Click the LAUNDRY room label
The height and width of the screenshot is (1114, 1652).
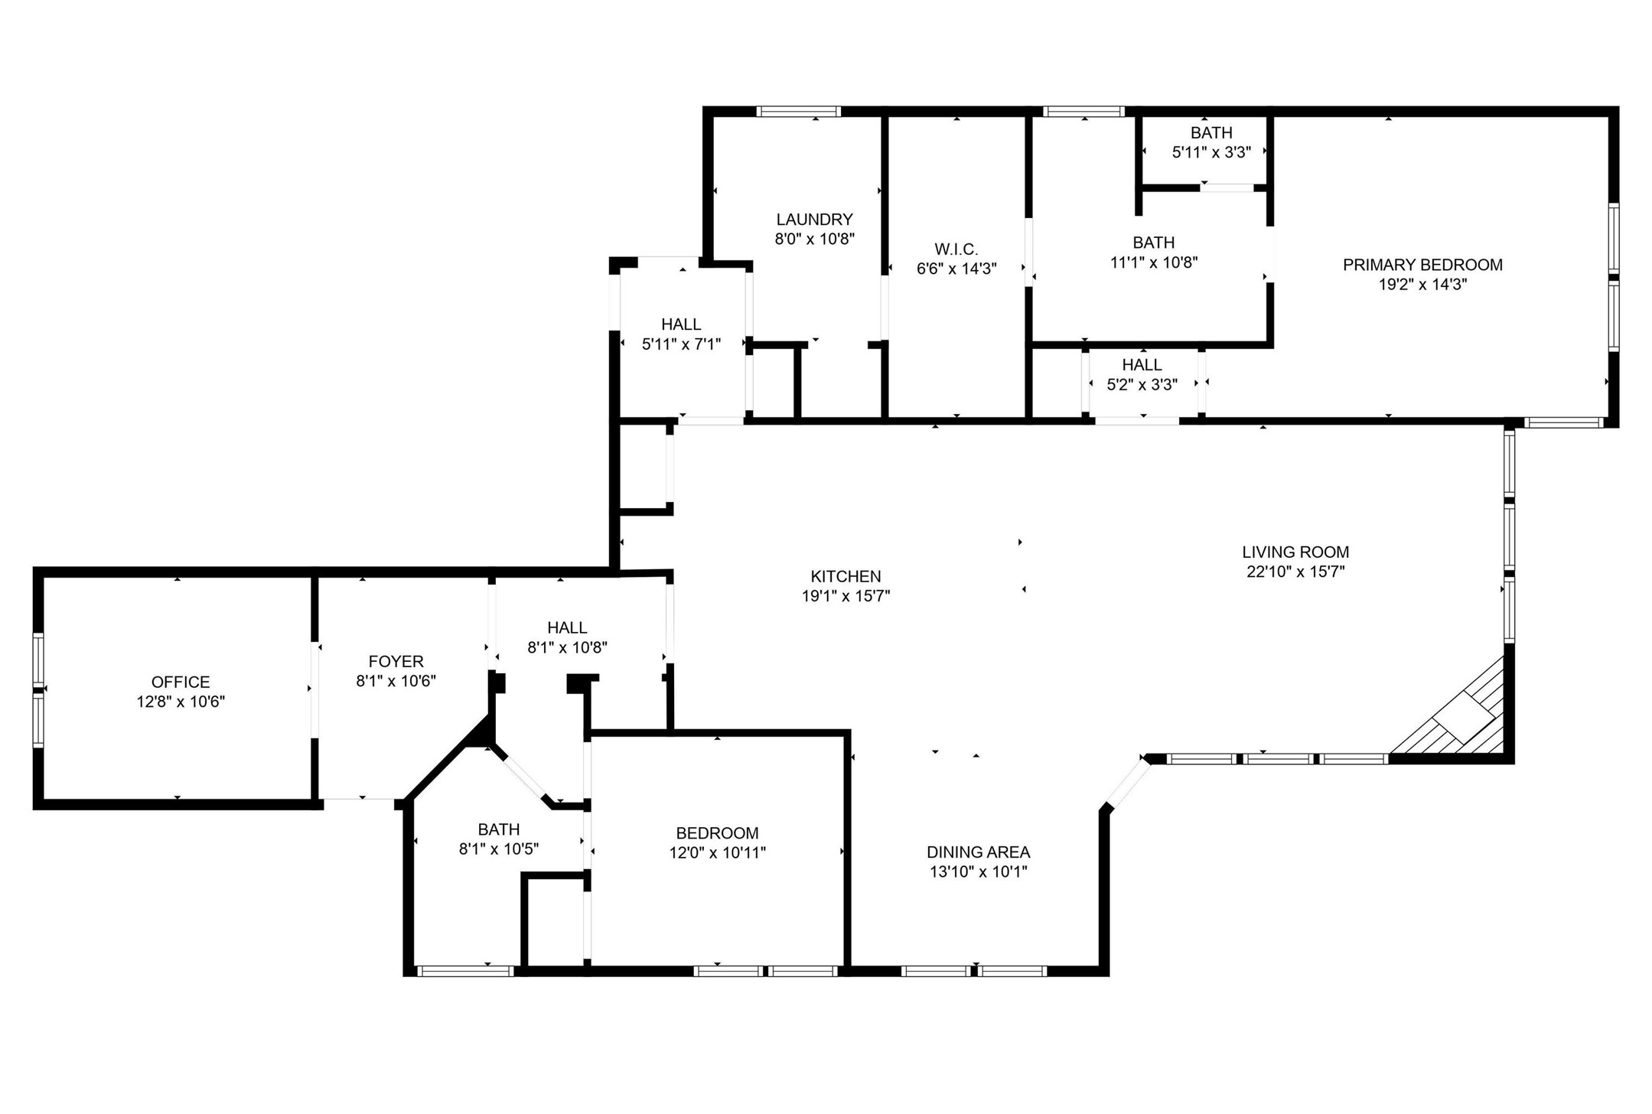tap(814, 220)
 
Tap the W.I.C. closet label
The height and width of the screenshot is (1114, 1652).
tap(956, 249)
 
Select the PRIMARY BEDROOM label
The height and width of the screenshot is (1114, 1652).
tap(1422, 265)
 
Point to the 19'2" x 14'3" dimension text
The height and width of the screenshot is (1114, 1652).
tap(1422, 285)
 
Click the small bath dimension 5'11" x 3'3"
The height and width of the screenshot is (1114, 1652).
tap(1211, 152)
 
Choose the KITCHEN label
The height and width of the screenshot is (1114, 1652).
tap(846, 576)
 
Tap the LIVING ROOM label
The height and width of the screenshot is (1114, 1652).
tap(1295, 552)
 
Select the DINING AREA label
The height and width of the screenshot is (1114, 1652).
tap(978, 852)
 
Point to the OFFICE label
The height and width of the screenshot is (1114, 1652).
tap(181, 682)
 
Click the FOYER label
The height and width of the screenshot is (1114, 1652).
tap(396, 661)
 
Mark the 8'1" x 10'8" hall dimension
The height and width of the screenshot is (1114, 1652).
tap(567, 647)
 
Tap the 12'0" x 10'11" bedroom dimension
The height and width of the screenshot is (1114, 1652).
tap(717, 852)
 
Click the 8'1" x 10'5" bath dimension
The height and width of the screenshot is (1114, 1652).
tap(499, 849)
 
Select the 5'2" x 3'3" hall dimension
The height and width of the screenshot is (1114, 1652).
tap(1142, 384)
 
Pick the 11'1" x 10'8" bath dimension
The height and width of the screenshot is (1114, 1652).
tap(1153, 262)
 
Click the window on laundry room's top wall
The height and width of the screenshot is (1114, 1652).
tap(798, 112)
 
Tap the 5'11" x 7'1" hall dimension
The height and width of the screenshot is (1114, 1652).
tap(681, 344)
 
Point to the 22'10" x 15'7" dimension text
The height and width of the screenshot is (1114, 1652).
tap(1295, 572)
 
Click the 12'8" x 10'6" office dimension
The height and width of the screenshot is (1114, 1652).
tap(181, 702)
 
